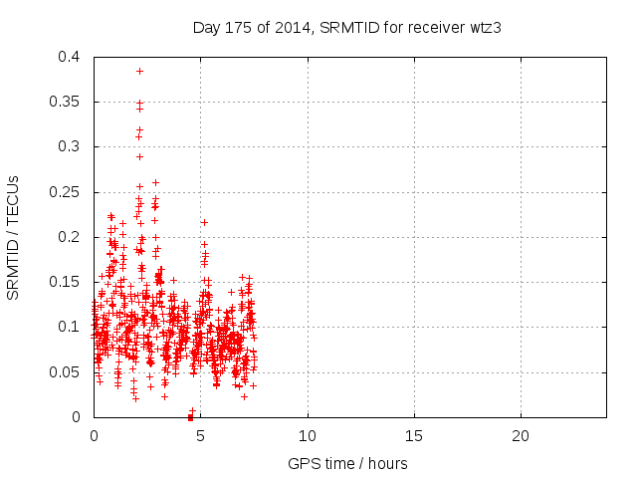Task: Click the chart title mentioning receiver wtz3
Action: (346, 28)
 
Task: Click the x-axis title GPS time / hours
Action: (347, 463)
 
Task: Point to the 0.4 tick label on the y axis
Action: (70, 57)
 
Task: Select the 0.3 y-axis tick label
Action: (70, 146)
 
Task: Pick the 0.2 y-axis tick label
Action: (70, 237)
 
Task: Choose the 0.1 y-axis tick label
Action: (70, 327)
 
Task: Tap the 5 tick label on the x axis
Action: (201, 436)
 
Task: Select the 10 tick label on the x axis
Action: (308, 436)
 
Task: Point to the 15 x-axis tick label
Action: (414, 436)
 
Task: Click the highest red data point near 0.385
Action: (139, 71)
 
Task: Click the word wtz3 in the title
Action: (484, 28)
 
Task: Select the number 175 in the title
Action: (238, 28)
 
